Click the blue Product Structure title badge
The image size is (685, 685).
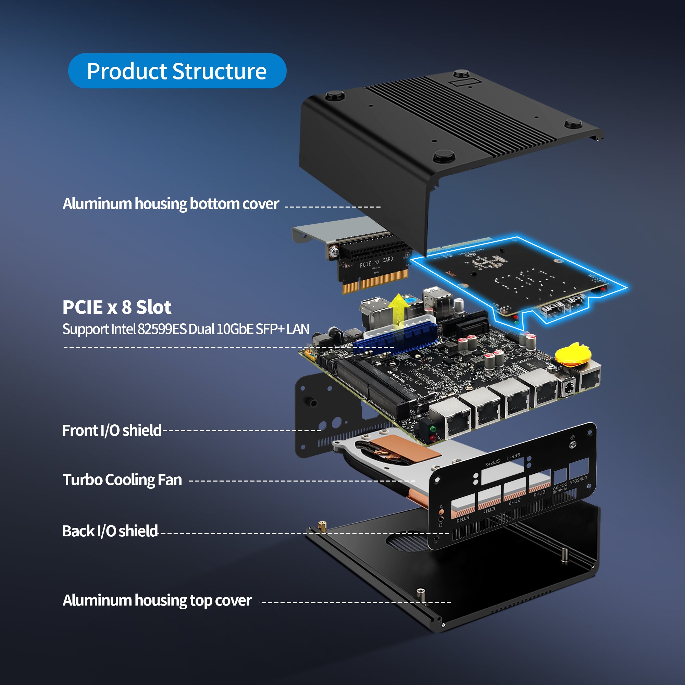tap(177, 71)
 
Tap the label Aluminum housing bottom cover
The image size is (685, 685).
tap(171, 204)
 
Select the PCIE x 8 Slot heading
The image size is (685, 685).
tap(117, 307)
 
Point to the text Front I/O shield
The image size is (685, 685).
tap(112, 431)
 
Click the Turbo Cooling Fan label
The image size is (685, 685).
tap(122, 480)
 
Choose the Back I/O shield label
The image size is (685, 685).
tap(110, 531)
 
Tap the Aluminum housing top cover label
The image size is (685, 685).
tap(157, 600)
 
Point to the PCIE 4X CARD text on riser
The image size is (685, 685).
tap(376, 262)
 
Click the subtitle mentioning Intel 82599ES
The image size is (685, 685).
tap(186, 329)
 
